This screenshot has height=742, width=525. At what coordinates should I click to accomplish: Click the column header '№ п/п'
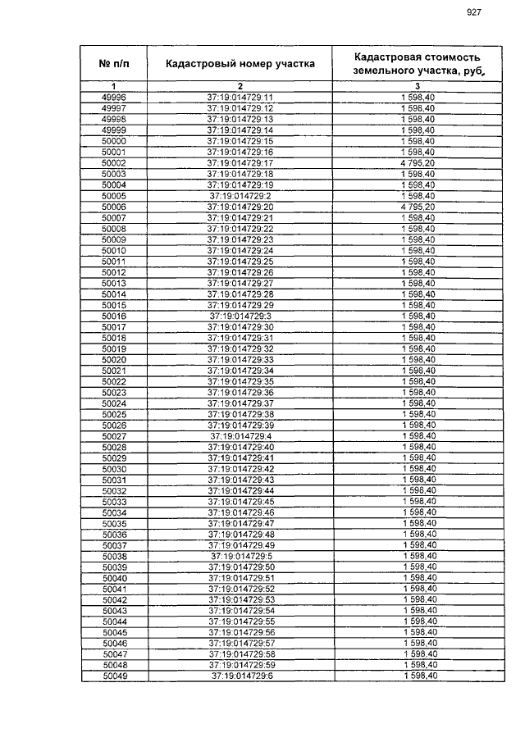(x=113, y=63)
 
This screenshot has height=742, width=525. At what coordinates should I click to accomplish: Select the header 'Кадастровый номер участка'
(x=240, y=63)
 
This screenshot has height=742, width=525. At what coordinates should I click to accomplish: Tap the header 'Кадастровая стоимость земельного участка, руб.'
(x=418, y=63)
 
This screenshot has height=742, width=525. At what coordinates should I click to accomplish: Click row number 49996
(x=113, y=98)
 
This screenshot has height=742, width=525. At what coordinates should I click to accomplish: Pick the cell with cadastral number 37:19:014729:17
(x=240, y=163)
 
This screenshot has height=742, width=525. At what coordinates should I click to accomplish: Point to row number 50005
(x=113, y=196)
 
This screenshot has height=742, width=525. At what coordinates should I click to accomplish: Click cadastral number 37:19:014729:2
(x=240, y=196)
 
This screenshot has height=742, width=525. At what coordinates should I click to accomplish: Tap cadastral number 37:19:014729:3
(x=240, y=316)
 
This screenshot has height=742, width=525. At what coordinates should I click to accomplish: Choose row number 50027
(x=114, y=436)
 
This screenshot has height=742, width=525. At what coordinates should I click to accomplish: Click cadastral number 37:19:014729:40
(x=240, y=447)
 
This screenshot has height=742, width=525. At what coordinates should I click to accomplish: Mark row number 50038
(x=115, y=556)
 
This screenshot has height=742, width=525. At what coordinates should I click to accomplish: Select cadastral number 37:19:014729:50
(x=241, y=567)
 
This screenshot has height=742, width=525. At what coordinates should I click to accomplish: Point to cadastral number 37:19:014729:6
(x=241, y=676)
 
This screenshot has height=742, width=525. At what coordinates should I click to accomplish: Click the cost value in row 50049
(x=420, y=676)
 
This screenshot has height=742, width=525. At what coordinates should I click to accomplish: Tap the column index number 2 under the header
(x=240, y=86)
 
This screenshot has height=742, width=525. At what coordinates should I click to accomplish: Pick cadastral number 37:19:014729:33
(x=240, y=359)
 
